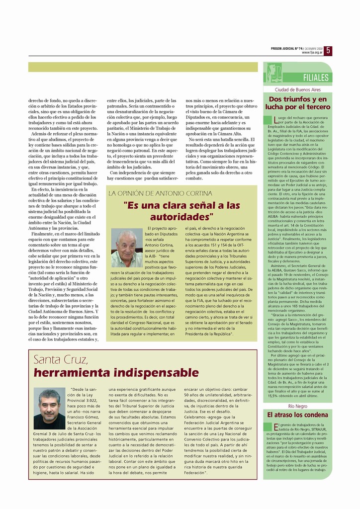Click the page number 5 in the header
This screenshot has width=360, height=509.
(x=329, y=50)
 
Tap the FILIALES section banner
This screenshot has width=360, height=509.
(x=316, y=78)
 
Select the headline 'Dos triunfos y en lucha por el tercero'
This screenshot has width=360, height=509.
(x=298, y=103)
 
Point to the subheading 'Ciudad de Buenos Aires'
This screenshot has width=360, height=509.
(x=298, y=89)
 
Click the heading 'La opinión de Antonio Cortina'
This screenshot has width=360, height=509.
(x=160, y=193)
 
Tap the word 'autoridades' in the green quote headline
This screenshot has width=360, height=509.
(x=180, y=217)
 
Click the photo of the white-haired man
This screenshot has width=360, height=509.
(x=127, y=248)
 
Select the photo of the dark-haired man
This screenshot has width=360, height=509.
(x=49, y=408)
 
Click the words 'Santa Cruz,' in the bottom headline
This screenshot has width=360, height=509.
(x=61, y=359)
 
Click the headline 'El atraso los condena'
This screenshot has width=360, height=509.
(x=298, y=415)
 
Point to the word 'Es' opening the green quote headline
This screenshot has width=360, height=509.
(x=133, y=205)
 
